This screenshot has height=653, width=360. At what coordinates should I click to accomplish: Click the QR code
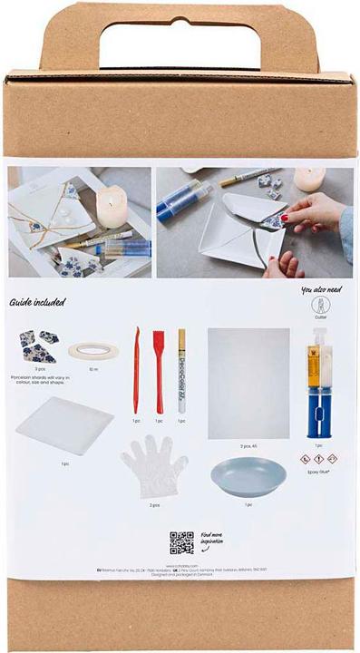(x=181, y=542)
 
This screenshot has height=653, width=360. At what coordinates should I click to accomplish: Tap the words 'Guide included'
(x=38, y=302)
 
